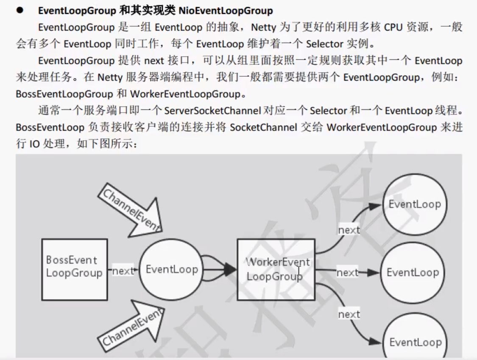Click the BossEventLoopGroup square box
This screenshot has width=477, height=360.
pos(74,269)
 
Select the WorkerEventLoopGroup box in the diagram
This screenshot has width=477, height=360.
pos(276,269)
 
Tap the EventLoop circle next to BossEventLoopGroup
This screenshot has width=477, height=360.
pos(171,269)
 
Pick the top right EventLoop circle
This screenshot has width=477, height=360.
pos(414,204)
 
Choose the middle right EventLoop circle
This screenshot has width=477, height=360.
pos(413,272)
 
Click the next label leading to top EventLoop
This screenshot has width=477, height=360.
pos(349,230)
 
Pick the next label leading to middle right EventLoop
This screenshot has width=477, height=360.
pos(347,273)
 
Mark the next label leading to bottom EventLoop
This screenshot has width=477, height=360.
pos(349,314)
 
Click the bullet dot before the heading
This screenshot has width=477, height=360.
pos(20,10)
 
